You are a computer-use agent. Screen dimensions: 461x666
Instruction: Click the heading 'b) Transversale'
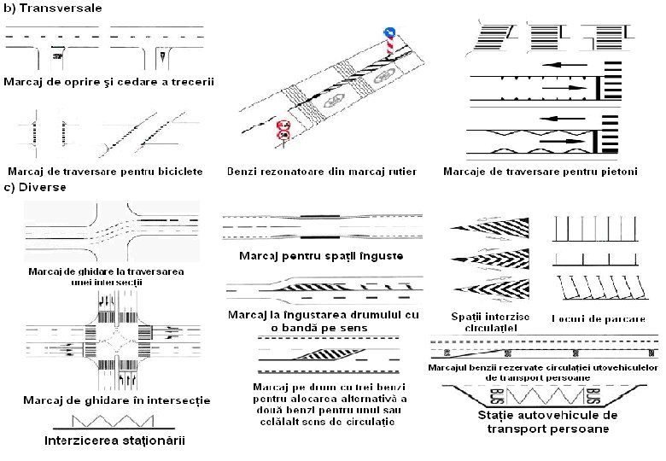point(53,8)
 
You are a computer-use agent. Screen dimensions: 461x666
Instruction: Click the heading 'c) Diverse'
point(36,185)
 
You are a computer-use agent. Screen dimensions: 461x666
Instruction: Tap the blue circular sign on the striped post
point(388,32)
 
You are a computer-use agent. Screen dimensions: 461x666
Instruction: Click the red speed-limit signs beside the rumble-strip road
point(284,129)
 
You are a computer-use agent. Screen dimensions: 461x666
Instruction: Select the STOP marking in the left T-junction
point(56,55)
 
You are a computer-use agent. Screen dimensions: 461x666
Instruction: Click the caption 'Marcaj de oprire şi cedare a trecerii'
point(108,82)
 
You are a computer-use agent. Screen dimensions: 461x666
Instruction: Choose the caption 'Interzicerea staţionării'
point(114,441)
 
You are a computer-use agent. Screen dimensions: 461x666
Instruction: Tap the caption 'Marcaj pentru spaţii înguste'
point(320,255)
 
